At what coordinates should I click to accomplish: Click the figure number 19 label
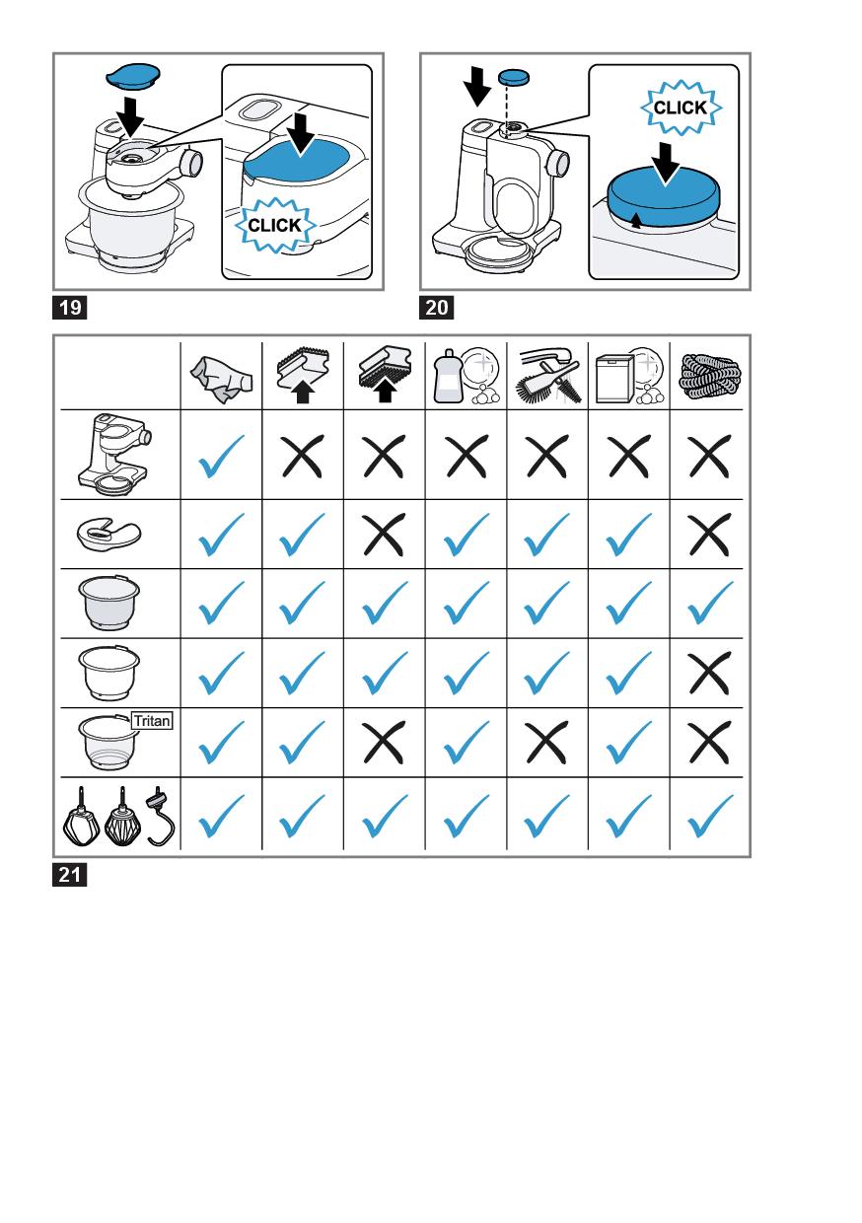[x=70, y=308]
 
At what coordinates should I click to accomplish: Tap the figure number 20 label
[x=436, y=308]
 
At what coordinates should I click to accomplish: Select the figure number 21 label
[x=70, y=875]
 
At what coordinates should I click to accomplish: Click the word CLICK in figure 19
[x=274, y=225]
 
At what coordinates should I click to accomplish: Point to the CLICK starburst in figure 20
[x=681, y=108]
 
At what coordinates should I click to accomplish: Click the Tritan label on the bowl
[x=152, y=721]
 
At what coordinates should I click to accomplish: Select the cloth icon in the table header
[x=221, y=376]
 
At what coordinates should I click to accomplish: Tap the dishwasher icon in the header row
[x=629, y=376]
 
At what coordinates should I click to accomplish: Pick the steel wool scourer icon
[x=710, y=377]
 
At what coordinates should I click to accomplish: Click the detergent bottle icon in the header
[x=448, y=377]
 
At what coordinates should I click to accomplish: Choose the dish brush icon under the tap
[x=548, y=377]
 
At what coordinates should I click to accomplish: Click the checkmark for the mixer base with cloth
[x=221, y=456]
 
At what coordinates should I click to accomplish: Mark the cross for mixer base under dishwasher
[x=629, y=456]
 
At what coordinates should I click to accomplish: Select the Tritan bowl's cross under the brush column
[x=547, y=742]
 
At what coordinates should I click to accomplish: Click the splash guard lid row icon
[x=109, y=534]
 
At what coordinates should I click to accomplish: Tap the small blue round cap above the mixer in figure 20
[x=514, y=77]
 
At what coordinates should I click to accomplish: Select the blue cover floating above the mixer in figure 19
[x=133, y=76]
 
